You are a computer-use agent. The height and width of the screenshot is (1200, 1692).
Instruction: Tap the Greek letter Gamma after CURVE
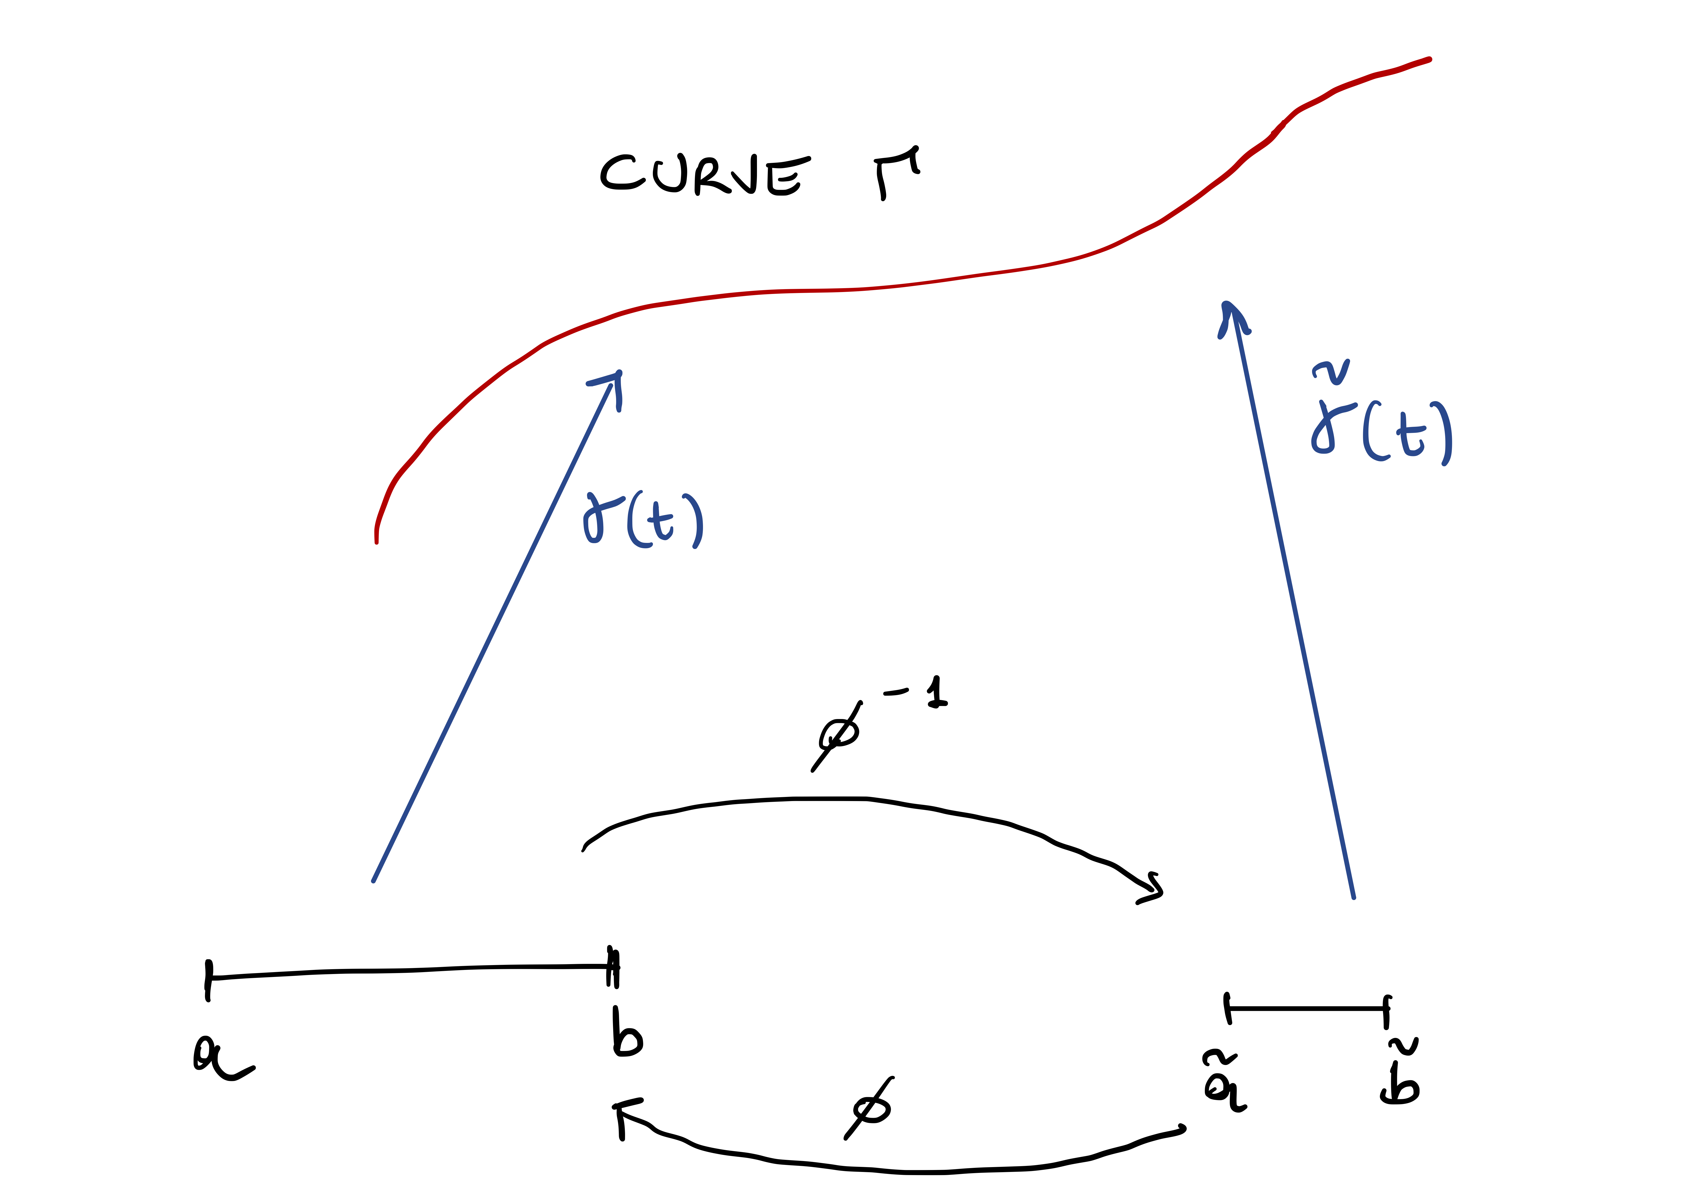[x=896, y=172]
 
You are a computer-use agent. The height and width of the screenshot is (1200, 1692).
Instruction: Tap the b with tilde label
[x=1400, y=1073]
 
